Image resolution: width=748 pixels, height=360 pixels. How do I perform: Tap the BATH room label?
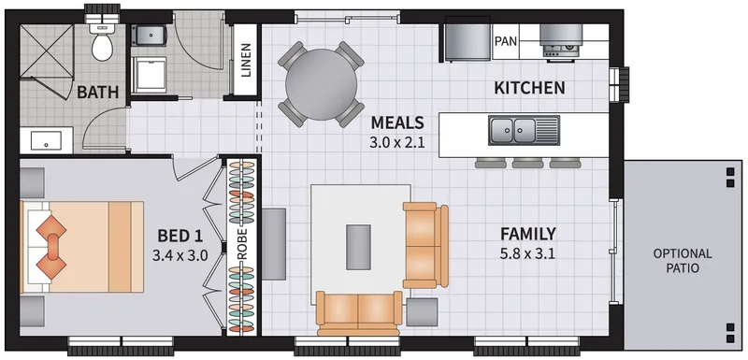pyautogui.click(x=98, y=92)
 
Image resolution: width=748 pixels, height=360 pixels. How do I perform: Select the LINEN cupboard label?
pyautogui.click(x=245, y=61)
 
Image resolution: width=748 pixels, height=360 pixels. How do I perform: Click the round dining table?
pyautogui.click(x=321, y=85)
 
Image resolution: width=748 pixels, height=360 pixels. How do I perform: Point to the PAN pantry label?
pyautogui.click(x=506, y=41)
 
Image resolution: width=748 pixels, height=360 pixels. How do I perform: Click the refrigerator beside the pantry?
pyautogui.click(x=467, y=39)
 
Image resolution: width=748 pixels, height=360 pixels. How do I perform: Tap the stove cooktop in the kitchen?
pyautogui.click(x=561, y=42)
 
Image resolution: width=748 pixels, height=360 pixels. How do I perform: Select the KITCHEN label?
pyautogui.click(x=529, y=88)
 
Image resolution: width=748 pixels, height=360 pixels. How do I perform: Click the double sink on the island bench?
pyautogui.click(x=524, y=130)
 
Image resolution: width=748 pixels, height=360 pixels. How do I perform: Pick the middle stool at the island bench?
pyautogui.click(x=527, y=163)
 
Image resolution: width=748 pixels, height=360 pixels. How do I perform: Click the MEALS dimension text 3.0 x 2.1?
pyautogui.click(x=396, y=142)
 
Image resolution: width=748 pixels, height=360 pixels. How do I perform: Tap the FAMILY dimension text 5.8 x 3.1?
pyautogui.click(x=527, y=253)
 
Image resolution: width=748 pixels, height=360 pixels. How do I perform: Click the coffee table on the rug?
pyautogui.click(x=358, y=247)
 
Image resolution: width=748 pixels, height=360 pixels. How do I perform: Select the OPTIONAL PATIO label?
pyautogui.click(x=683, y=261)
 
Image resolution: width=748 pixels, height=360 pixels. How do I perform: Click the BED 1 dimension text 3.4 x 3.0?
pyautogui.click(x=180, y=255)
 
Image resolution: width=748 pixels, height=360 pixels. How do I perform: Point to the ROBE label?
pyautogui.click(x=242, y=244)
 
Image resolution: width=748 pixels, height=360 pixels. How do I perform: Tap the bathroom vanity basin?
pyautogui.click(x=46, y=140)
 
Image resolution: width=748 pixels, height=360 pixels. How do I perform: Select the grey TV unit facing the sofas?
pyautogui.click(x=274, y=244)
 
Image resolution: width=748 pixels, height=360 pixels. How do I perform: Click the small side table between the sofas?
pyautogui.click(x=423, y=312)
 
